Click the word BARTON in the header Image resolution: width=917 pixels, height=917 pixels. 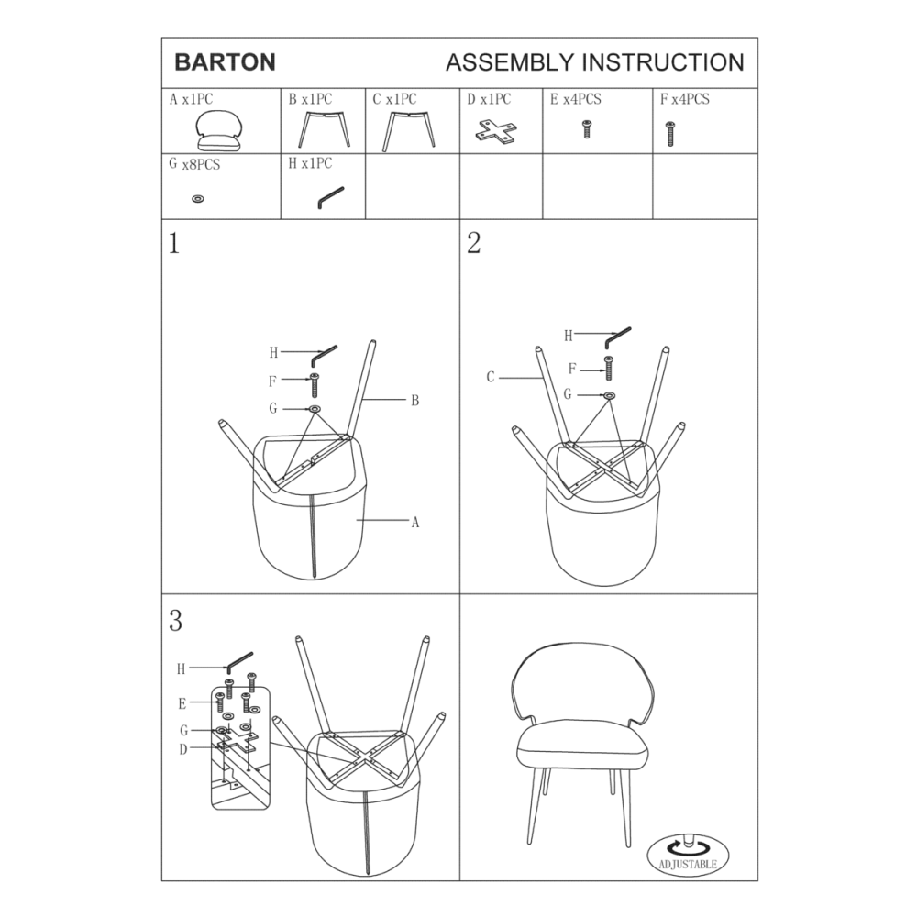226,62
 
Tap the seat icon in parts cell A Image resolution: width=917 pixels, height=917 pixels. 219,130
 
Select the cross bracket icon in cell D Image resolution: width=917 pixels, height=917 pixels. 496,131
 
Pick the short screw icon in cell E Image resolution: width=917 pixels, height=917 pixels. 586,129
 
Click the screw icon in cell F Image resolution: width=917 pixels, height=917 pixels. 670,133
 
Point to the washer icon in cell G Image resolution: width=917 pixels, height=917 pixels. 198,199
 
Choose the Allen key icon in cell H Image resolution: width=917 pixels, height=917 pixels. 330,197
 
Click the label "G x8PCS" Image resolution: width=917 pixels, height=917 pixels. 194,164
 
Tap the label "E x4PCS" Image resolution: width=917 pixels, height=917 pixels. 576,99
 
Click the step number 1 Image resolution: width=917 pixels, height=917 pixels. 173,243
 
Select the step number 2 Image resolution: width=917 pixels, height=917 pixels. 474,243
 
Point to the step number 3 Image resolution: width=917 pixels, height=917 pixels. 175,621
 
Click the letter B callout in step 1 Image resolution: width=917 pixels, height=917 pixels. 414,401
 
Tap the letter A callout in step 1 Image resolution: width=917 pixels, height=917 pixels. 415,523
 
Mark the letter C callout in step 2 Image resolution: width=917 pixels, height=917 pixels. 490,377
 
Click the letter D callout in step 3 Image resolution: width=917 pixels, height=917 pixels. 183,750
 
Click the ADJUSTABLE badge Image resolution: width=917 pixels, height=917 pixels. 688,855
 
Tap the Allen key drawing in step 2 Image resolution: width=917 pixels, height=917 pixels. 617,337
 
